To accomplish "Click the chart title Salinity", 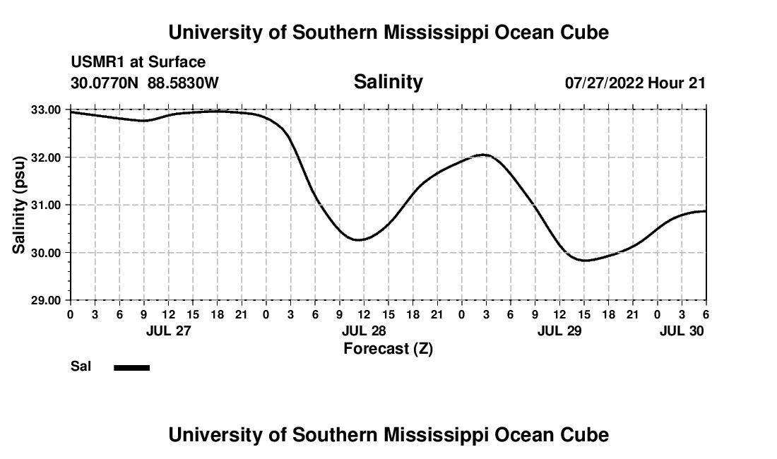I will (388, 82).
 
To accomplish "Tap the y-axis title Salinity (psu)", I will (19, 204).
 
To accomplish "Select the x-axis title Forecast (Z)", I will (388, 348).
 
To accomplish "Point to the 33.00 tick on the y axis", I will (45, 109).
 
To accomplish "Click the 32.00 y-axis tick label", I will (45, 157).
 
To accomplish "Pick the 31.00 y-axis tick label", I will (45, 205).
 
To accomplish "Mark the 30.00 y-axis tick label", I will (45, 253).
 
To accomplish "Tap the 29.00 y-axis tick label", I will (45, 300).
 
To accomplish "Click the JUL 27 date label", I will (168, 330).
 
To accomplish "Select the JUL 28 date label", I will (364, 330).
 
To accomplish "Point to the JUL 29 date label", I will (559, 330).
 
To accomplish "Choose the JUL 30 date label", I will (681, 330).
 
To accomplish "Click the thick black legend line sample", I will (132, 367).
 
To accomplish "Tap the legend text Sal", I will (81, 366).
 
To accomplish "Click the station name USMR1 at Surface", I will (138, 62).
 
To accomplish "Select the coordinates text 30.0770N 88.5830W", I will (145, 83).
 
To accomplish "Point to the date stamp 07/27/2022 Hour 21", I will (635, 83).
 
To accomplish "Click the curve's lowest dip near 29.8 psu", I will (585, 261).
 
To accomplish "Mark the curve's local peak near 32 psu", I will (484, 154).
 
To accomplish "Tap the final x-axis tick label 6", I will (706, 314).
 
